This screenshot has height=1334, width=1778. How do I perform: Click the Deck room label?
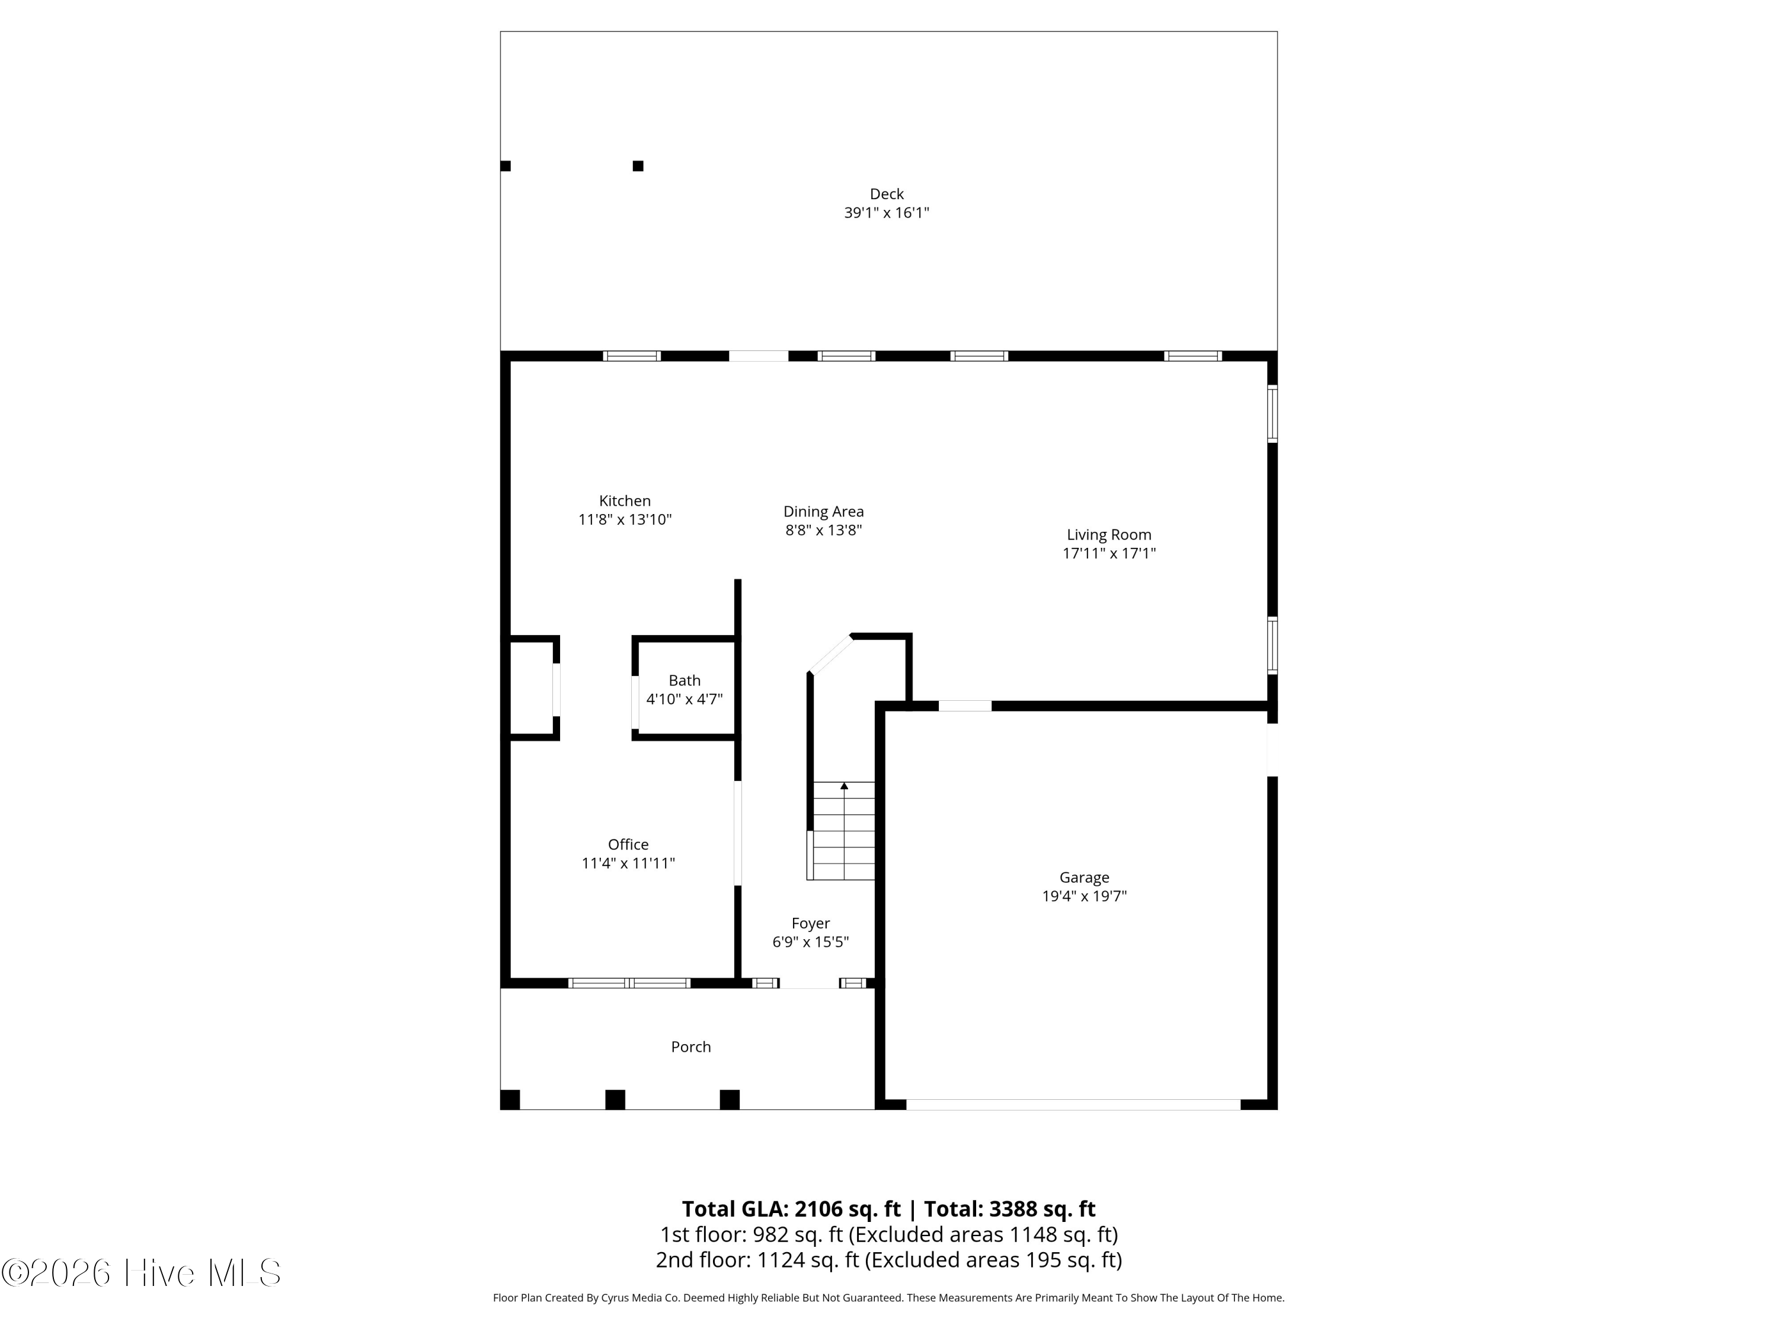[x=887, y=194]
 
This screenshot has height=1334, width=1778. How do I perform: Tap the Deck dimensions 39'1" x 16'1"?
[x=887, y=213]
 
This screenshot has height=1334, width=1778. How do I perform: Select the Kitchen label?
[x=625, y=501]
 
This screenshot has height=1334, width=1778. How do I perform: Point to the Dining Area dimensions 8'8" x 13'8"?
[x=824, y=530]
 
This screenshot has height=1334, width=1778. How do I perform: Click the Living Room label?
[x=1109, y=535]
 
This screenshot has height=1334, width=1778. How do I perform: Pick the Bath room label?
[x=685, y=680]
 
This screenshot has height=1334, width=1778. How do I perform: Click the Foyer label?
[x=810, y=923]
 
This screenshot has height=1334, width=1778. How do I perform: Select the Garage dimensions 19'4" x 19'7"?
[x=1085, y=896]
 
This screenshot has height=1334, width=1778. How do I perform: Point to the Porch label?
[x=691, y=1046]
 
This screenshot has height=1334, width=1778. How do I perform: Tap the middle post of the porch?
[x=615, y=1099]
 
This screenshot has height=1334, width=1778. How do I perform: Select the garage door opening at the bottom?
[x=1073, y=1105]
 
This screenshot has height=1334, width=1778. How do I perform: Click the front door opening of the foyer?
[x=810, y=982]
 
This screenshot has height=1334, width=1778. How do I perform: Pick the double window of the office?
[x=629, y=982]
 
